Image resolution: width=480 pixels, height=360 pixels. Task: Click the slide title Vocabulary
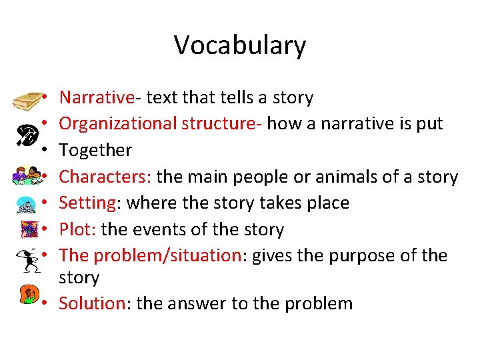point(240,45)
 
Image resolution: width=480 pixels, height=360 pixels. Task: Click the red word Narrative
point(96,98)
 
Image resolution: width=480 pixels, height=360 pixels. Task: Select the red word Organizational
point(116,124)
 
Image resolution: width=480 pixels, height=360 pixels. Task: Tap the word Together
point(95,151)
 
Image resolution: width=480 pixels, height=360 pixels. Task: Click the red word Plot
point(76,229)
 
